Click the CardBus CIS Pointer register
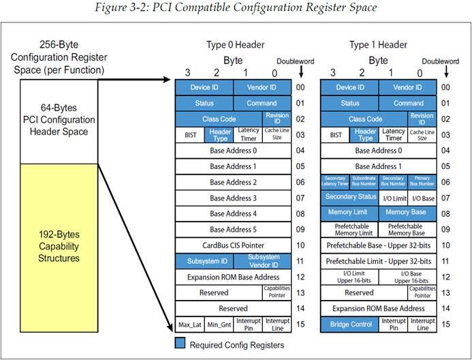[x=233, y=245]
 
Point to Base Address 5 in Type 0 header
[x=233, y=229]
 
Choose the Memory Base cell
[x=407, y=213]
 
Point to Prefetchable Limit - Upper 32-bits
[x=378, y=260]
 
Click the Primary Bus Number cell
[x=422, y=181]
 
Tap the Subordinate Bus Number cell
[x=364, y=181]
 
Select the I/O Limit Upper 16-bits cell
[x=349, y=276]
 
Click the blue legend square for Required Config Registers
[x=180, y=343]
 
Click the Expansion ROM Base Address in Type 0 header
[x=233, y=276]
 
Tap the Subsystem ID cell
[x=204, y=260]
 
